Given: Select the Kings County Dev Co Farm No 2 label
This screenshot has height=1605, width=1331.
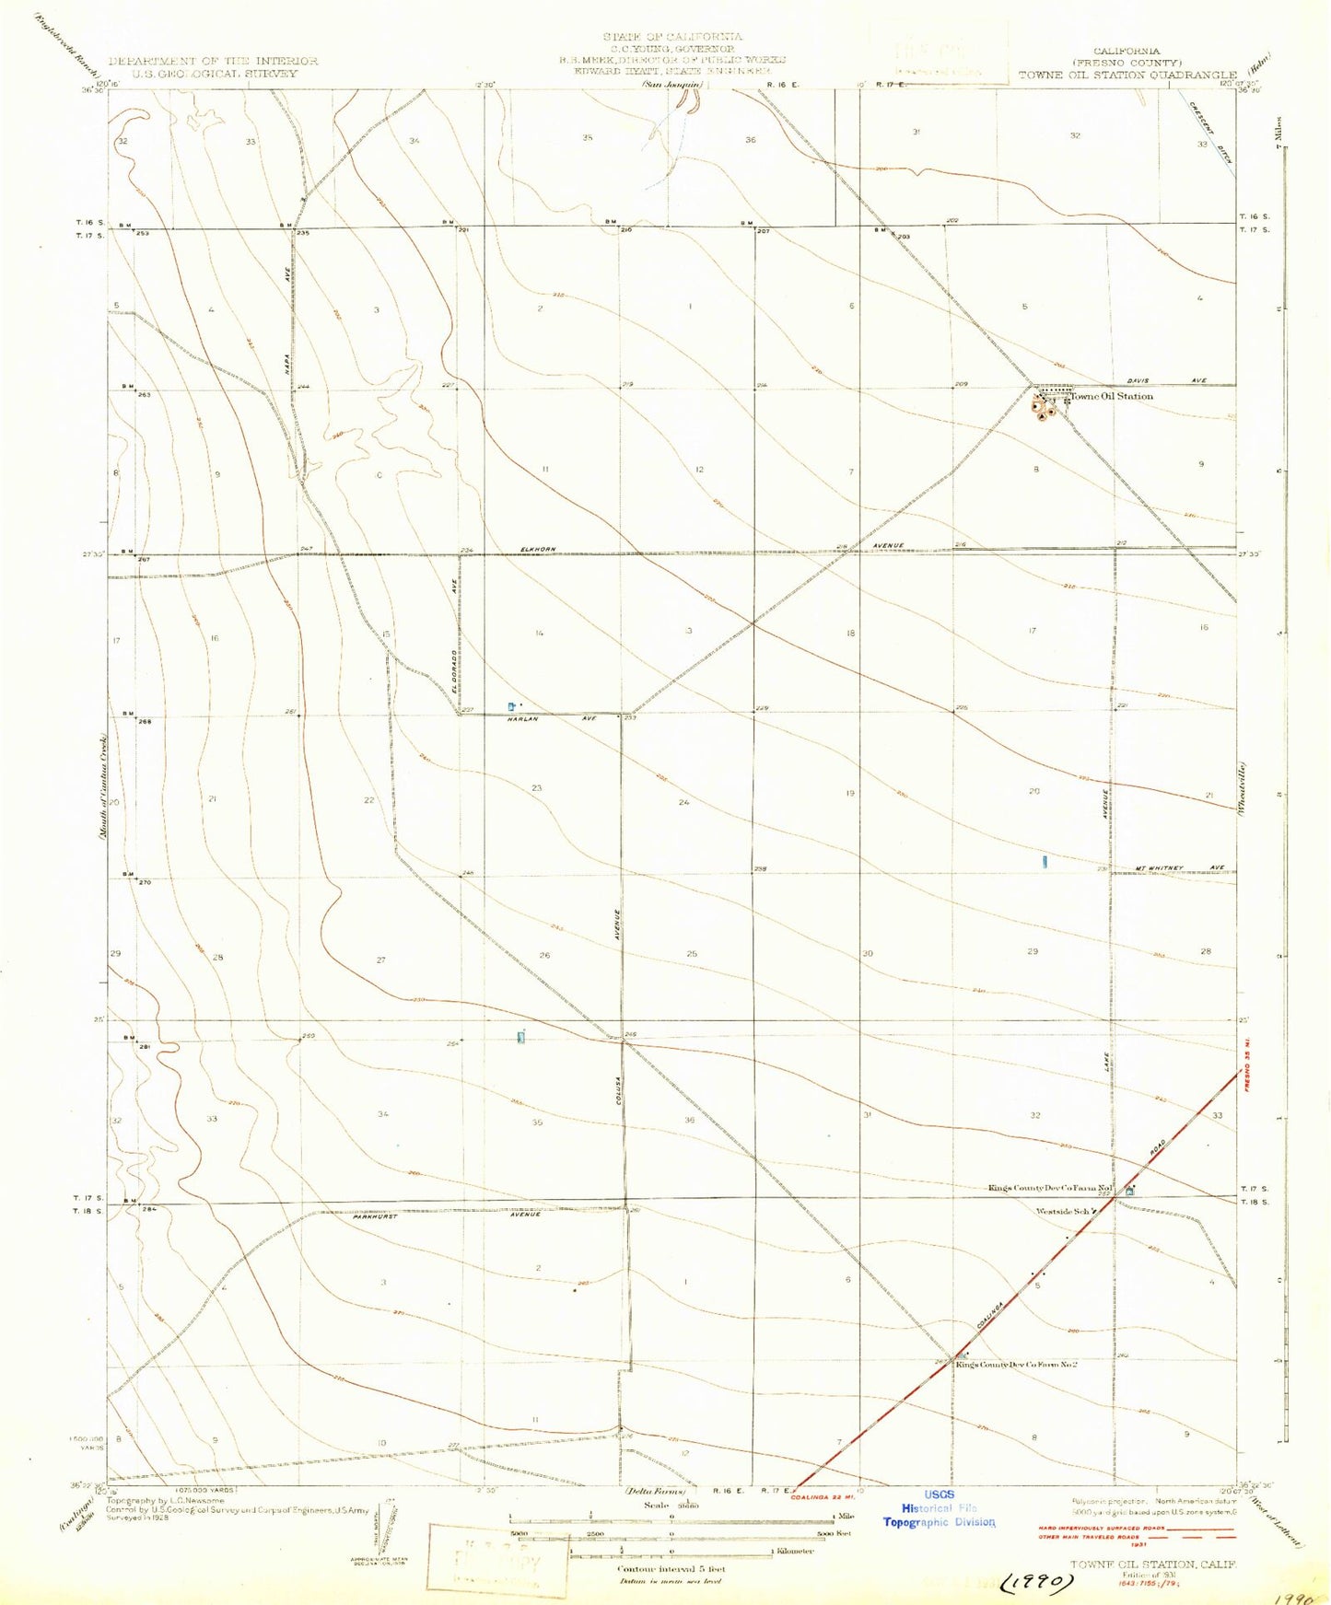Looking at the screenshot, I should click(x=1016, y=1365).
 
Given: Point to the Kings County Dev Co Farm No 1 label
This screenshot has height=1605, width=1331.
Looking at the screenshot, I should click(x=1050, y=1188).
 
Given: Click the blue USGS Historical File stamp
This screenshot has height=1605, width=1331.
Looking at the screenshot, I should click(x=939, y=1508).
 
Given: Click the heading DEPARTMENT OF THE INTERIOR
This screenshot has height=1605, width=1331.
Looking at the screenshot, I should click(x=213, y=61).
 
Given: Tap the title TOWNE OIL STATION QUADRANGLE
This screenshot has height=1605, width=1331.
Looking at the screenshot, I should click(x=1127, y=75).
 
